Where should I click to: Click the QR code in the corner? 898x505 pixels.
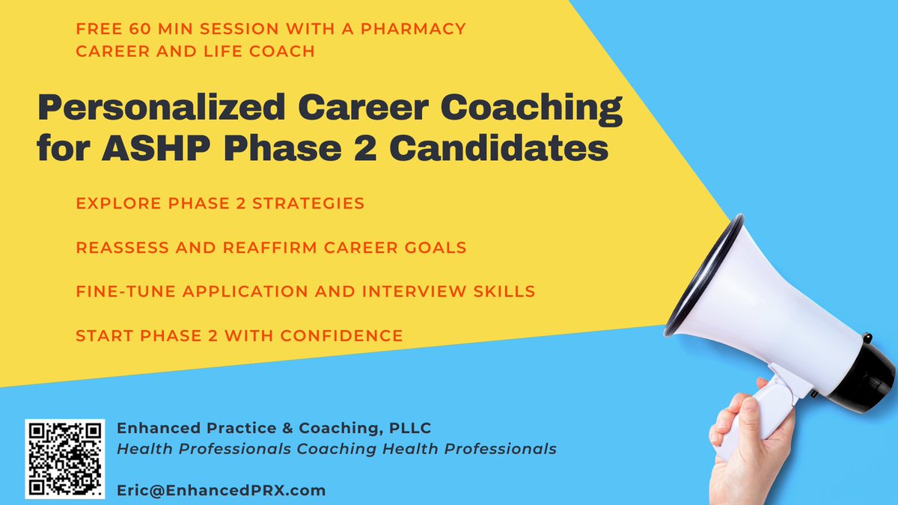(64, 458)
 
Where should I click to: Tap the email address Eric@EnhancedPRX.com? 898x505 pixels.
(222, 491)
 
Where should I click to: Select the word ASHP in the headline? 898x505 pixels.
(153, 148)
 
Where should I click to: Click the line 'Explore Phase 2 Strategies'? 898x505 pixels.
(220, 203)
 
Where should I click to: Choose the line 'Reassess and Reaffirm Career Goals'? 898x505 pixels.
(272, 248)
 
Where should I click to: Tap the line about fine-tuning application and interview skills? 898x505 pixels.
(305, 291)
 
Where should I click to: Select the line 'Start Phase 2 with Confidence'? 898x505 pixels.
(239, 335)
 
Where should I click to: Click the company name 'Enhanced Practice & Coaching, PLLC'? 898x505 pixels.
(274, 428)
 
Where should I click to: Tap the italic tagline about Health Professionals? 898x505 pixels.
(336, 449)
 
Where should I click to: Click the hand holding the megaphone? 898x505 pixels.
(748, 449)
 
